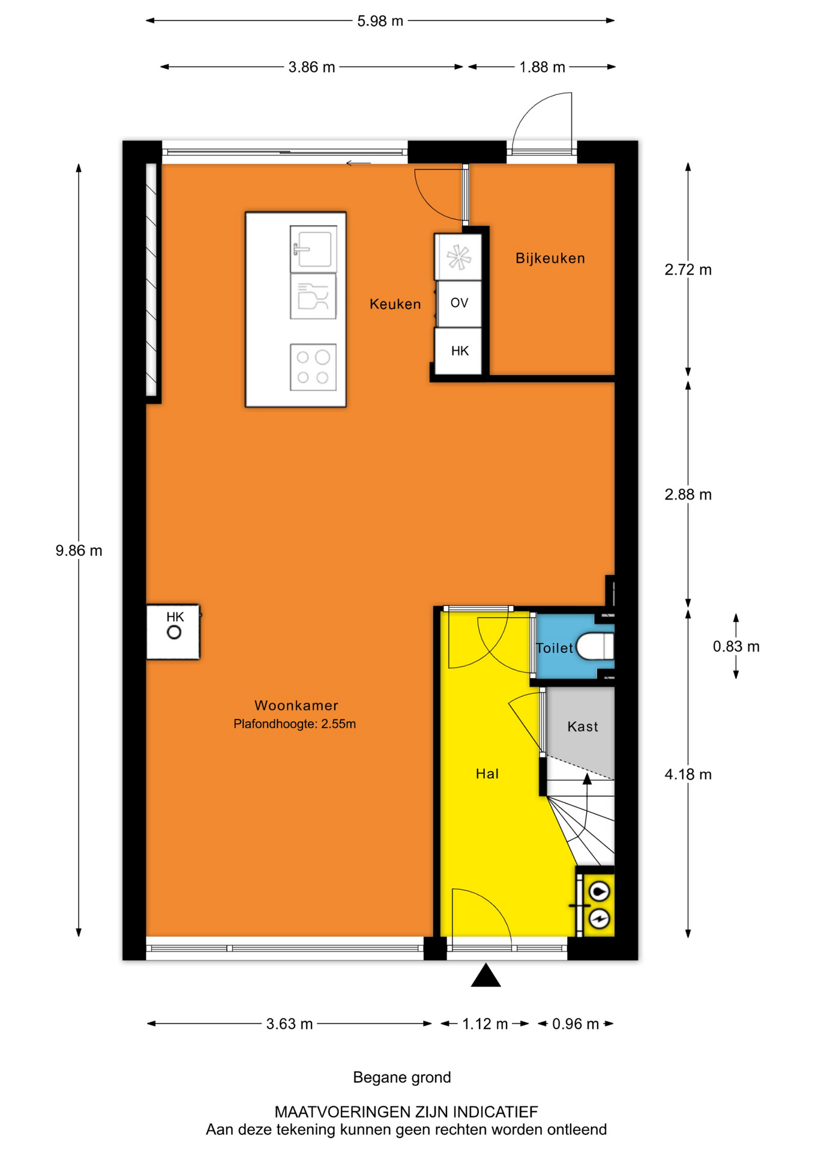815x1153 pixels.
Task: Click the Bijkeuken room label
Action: tap(550, 258)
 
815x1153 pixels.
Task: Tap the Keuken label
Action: tap(395, 304)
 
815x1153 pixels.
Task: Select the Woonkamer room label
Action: tap(296, 706)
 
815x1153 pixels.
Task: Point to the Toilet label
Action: tap(555, 648)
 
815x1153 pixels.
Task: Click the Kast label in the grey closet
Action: tap(583, 727)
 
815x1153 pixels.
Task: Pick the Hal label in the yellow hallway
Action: tap(487, 773)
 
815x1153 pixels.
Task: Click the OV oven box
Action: tap(459, 303)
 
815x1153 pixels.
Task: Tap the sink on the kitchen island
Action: tap(313, 249)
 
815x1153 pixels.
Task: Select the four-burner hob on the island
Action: tap(313, 367)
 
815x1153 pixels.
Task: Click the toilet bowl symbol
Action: tap(595, 647)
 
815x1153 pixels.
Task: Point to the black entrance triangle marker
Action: tap(486, 975)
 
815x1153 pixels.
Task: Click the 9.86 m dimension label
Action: tap(79, 551)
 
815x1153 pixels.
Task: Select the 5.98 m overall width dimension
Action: tap(380, 21)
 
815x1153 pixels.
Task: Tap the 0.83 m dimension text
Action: tap(736, 647)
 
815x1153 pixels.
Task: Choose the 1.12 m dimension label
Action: tap(485, 1024)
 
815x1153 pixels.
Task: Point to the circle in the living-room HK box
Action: tap(174, 632)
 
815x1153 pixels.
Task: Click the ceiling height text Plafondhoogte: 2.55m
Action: tap(295, 724)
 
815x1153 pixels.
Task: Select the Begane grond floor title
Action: tap(402, 1077)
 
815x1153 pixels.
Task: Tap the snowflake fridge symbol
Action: tap(459, 257)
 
